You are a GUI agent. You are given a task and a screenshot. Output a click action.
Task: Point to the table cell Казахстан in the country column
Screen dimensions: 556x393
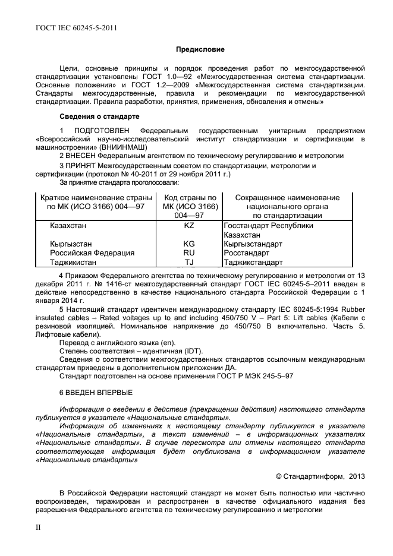[68, 226]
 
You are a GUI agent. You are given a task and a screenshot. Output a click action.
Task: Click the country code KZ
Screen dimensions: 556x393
[189, 226]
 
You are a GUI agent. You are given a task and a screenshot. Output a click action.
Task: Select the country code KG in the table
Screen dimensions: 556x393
[189, 244]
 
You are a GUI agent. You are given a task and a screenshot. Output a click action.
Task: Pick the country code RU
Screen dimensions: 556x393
[189, 252]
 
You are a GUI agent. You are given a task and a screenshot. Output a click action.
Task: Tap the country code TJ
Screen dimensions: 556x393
[189, 262]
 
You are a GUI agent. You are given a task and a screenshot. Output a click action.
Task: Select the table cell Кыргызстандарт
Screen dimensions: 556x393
[253, 244]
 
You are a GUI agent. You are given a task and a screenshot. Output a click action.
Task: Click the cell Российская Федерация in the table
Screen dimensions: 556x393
[92, 252]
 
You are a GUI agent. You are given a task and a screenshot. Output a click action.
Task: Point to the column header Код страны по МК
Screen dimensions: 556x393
[190, 206]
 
